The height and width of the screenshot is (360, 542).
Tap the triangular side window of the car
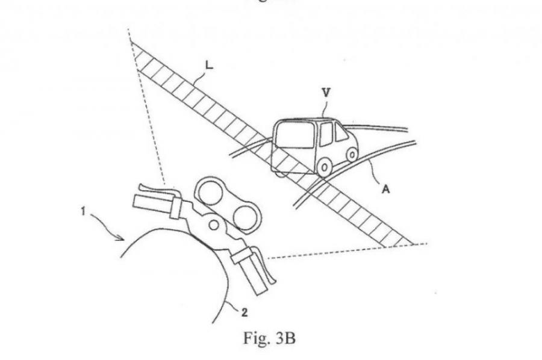(341, 133)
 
